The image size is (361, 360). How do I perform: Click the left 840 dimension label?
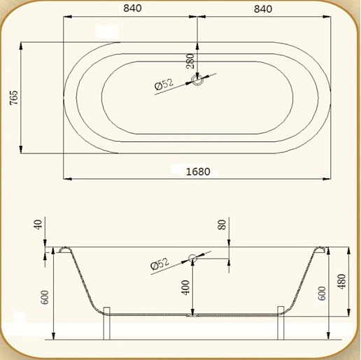point(132,8)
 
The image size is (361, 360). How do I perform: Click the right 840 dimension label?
point(263,9)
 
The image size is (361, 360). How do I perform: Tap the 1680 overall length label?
point(198,172)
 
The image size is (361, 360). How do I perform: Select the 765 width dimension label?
point(14,97)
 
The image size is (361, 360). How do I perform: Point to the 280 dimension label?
point(190,62)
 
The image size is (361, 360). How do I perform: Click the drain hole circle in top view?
point(197,80)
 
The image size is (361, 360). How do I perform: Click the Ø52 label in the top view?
point(164,85)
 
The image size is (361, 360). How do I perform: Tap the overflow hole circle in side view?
point(192,258)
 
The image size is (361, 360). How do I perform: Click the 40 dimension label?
point(38,224)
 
